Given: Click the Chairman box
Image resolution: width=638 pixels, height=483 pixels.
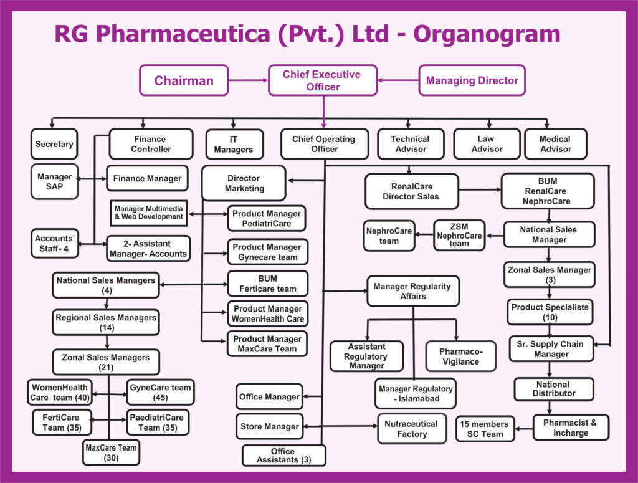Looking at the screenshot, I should pyautogui.click(x=184, y=80).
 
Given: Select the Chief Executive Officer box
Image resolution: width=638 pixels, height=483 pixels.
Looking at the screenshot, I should pyautogui.click(x=323, y=80).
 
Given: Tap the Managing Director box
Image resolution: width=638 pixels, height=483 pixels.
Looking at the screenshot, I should pyautogui.click(x=472, y=80).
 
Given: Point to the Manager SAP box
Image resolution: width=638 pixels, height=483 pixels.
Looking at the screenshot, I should pyautogui.click(x=55, y=181).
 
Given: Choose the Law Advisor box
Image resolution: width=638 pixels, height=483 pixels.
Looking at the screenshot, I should pyautogui.click(x=487, y=144).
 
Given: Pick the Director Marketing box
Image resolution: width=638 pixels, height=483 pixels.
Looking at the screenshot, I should pyautogui.click(x=244, y=183).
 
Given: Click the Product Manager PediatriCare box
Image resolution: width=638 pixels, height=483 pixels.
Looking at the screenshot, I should pyautogui.click(x=267, y=218).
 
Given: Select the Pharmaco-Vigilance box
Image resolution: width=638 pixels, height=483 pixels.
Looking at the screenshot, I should pyautogui.click(x=461, y=356).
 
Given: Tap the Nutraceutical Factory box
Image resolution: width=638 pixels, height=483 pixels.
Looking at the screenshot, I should pyautogui.click(x=411, y=429).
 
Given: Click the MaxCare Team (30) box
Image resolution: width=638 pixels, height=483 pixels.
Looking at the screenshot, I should pyautogui.click(x=110, y=452).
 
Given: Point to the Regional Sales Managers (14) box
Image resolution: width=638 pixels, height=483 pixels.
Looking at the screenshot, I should pyautogui.click(x=106, y=322).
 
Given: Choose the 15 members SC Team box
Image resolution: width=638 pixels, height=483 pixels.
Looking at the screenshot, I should pyautogui.click(x=484, y=429).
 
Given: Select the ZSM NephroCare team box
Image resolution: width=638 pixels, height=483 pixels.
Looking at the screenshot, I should pyautogui.click(x=459, y=236).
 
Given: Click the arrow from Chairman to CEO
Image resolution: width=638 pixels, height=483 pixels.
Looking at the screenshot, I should pyautogui.click(x=248, y=80).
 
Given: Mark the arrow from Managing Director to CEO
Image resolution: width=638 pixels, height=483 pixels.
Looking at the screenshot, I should pyautogui.click(x=398, y=80).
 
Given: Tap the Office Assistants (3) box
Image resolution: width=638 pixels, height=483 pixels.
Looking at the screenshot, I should pyautogui.click(x=283, y=456).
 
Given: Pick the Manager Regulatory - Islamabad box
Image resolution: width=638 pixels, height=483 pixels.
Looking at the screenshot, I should pyautogui.click(x=416, y=393).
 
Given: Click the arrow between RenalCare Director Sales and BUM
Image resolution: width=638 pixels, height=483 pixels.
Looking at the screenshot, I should pyautogui.click(x=480, y=189).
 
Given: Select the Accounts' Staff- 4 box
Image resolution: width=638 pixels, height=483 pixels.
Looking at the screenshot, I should pyautogui.click(x=55, y=243).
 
